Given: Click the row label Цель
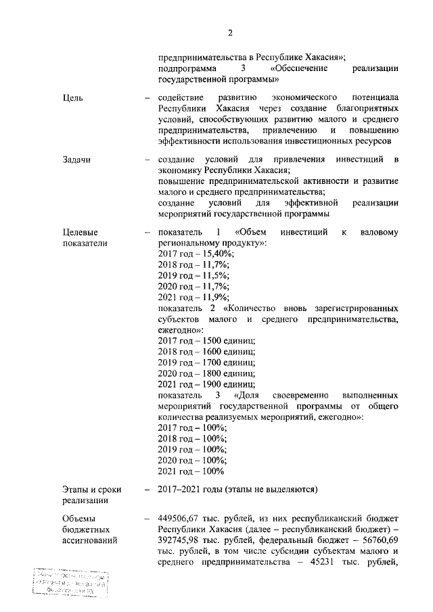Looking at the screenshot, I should click(x=72, y=97).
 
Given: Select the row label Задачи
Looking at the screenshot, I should click(x=76, y=160).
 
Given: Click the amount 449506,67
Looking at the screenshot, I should click(x=179, y=518).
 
